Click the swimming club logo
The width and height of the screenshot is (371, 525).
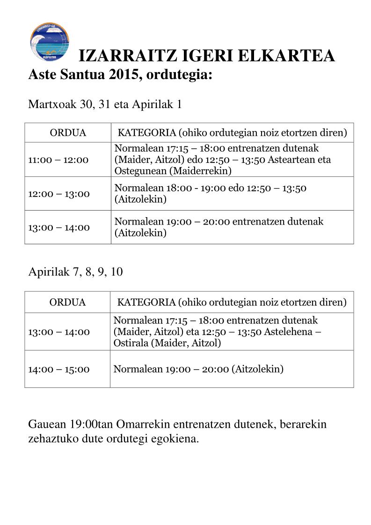[x=50, y=42]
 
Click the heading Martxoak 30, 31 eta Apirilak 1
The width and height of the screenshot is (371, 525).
[x=105, y=104]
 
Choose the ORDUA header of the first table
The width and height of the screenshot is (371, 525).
[x=68, y=133]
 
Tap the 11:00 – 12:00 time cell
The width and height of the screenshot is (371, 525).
[x=58, y=160]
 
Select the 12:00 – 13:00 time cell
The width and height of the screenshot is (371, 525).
[x=58, y=194]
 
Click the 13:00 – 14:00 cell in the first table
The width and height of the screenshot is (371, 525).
[x=58, y=227]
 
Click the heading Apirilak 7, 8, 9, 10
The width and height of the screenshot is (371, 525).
[x=76, y=272]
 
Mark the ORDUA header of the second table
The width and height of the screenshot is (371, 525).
[x=68, y=302]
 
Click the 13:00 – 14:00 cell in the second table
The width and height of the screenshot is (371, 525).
[x=58, y=332]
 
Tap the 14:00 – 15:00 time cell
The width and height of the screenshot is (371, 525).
[x=58, y=369]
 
